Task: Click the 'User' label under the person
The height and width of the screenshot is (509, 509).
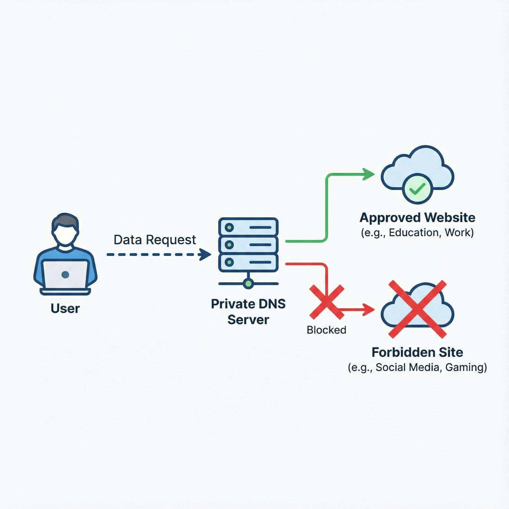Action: click(65, 308)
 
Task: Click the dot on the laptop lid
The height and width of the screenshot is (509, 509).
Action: click(65, 275)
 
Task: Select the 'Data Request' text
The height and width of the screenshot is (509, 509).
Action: click(155, 240)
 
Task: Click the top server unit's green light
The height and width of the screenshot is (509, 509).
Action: click(229, 227)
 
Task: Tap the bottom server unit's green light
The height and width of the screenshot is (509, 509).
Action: click(229, 262)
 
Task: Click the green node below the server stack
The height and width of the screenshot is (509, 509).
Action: click(248, 284)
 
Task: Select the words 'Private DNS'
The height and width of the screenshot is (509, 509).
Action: click(248, 304)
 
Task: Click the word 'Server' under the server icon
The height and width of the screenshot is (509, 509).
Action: click(248, 320)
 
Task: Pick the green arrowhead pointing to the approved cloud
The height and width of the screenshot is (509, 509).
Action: click(369, 174)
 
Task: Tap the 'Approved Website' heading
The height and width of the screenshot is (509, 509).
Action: click(417, 218)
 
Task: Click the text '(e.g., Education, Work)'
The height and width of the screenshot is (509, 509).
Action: click(417, 233)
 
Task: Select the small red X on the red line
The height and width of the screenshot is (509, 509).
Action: click(327, 302)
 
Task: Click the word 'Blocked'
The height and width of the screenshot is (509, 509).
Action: click(326, 330)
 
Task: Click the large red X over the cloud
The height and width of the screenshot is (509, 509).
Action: click(418, 309)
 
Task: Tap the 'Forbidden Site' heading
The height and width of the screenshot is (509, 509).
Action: click(417, 352)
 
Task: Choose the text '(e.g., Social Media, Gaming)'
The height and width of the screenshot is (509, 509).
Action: click(417, 367)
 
